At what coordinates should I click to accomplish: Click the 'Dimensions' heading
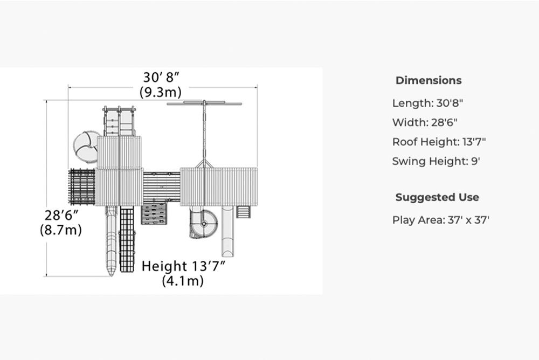tap(429, 80)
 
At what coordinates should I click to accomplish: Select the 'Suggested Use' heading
tap(437, 197)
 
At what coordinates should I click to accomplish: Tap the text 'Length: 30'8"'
tap(427, 103)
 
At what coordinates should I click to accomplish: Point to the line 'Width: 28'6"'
tap(425, 122)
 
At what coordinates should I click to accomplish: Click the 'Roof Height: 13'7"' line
tap(439, 142)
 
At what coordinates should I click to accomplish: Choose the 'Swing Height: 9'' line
tap(436, 161)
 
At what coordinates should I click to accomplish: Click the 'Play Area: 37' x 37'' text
tap(441, 220)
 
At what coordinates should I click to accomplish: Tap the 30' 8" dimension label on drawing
tap(161, 78)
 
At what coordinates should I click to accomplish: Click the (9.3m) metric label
tap(161, 92)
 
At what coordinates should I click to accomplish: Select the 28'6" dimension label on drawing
tap(61, 215)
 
